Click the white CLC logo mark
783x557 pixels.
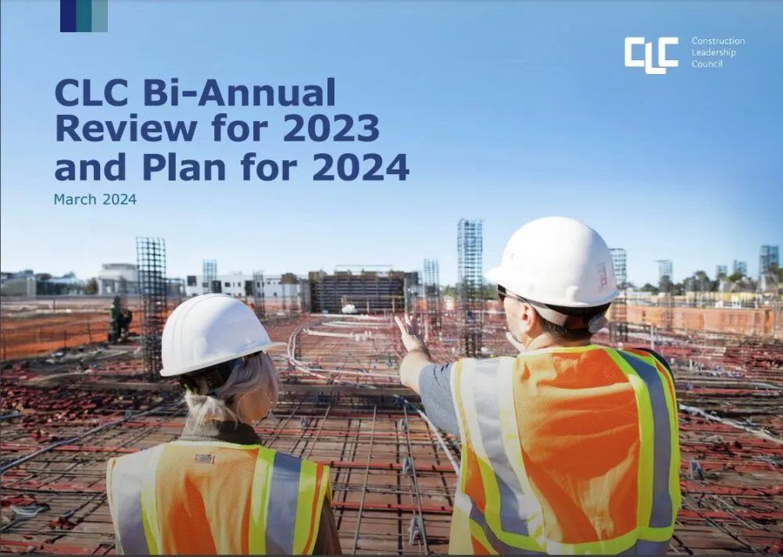point(651,54)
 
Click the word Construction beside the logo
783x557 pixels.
point(717,41)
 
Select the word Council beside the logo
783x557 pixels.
point(706,64)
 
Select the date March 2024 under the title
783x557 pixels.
point(95,200)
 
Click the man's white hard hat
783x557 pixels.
point(552,263)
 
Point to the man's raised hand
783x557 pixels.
point(409,333)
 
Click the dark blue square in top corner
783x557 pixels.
point(68,16)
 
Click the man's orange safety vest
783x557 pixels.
point(570,445)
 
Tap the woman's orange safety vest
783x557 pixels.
point(219,500)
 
